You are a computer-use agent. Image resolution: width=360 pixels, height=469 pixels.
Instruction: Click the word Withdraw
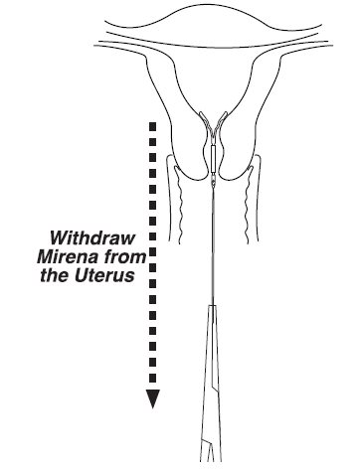93,237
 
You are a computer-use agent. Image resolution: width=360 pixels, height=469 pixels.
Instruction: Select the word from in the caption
126,256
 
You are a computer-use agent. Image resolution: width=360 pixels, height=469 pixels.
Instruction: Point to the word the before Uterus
55,275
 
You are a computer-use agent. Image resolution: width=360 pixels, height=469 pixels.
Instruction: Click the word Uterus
104,275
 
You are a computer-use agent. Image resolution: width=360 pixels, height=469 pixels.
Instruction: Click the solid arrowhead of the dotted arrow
153,398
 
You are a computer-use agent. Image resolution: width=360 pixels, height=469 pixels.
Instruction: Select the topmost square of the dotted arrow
153,126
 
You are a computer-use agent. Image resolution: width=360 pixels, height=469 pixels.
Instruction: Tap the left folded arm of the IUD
205,123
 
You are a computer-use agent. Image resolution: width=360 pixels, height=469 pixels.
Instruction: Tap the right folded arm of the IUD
220,122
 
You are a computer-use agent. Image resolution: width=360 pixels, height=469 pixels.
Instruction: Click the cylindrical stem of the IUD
213,158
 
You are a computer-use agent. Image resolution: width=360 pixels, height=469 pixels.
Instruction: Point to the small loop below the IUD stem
213,181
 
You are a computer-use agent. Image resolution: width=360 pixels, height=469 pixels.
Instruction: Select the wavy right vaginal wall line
248,205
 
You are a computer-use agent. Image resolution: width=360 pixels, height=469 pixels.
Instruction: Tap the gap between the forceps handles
210,454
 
